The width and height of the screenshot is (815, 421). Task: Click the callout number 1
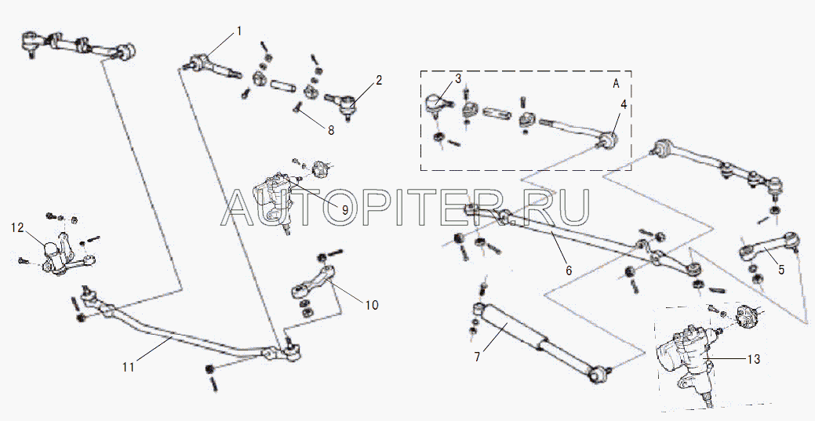click(239, 31)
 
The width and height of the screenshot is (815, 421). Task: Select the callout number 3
click(458, 79)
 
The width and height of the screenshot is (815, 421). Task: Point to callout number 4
click(623, 104)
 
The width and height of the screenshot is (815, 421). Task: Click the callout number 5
click(781, 270)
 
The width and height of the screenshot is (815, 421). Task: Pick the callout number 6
click(568, 270)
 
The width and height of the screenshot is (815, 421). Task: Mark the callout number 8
click(330, 130)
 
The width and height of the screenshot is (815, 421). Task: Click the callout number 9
click(344, 210)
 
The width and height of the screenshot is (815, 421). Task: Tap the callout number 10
click(371, 304)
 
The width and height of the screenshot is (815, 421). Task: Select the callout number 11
click(129, 367)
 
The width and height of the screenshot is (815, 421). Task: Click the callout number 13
click(753, 358)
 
